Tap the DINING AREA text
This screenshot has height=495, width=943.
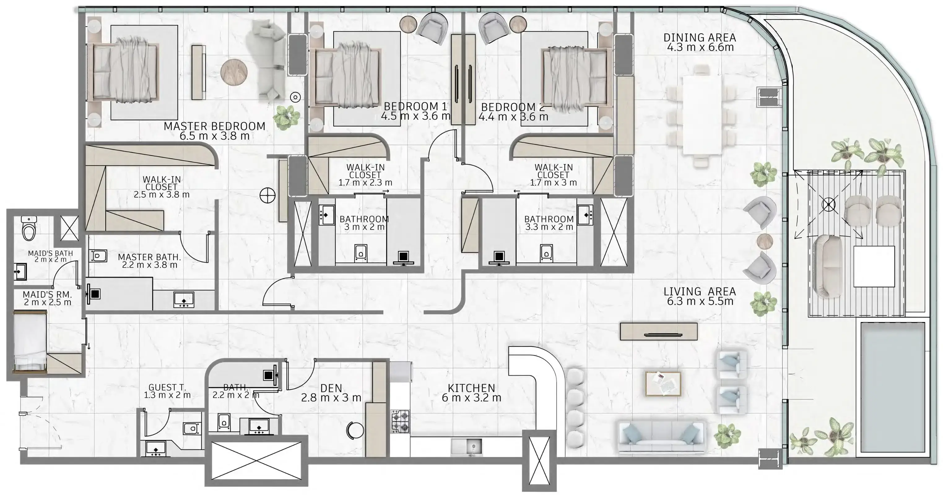click(x=700, y=38)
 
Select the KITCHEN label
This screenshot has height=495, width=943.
click(x=471, y=388)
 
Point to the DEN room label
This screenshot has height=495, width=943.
click(x=331, y=388)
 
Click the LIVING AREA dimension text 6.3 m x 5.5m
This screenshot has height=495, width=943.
click(x=700, y=301)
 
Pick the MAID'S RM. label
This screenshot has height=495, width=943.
click(x=47, y=295)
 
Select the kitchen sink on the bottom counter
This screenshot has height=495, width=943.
click(x=466, y=447)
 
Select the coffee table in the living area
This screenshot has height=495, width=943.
click(x=663, y=384)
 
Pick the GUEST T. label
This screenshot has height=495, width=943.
click(x=167, y=387)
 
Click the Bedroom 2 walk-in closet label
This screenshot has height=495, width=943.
click(x=554, y=171)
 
